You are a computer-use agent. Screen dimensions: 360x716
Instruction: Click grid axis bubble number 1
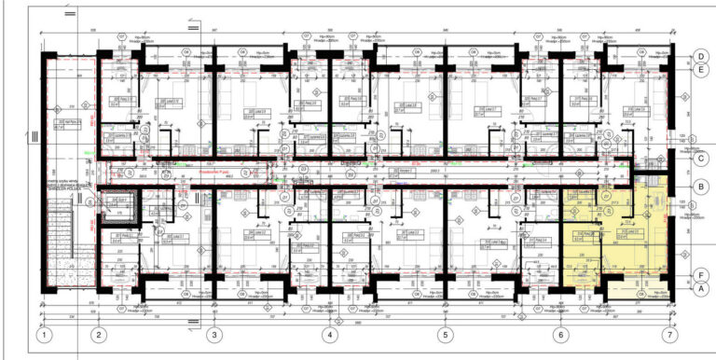(x=43, y=334)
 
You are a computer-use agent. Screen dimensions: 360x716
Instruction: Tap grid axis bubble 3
(x=214, y=334)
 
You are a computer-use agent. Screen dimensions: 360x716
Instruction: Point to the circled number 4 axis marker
(x=329, y=334)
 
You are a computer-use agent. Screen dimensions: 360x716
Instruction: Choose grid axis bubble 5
(x=445, y=334)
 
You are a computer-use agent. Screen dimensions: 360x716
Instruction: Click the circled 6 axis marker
(x=560, y=334)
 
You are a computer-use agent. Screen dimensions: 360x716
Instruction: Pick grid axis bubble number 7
(x=668, y=334)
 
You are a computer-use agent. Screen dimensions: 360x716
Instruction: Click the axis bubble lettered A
(x=699, y=288)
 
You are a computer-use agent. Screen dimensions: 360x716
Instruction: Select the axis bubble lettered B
(x=699, y=187)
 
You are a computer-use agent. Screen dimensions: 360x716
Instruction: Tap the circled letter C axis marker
(x=699, y=159)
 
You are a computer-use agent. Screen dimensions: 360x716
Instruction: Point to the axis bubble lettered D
(x=699, y=56)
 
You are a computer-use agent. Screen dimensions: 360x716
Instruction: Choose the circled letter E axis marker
(x=699, y=69)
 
